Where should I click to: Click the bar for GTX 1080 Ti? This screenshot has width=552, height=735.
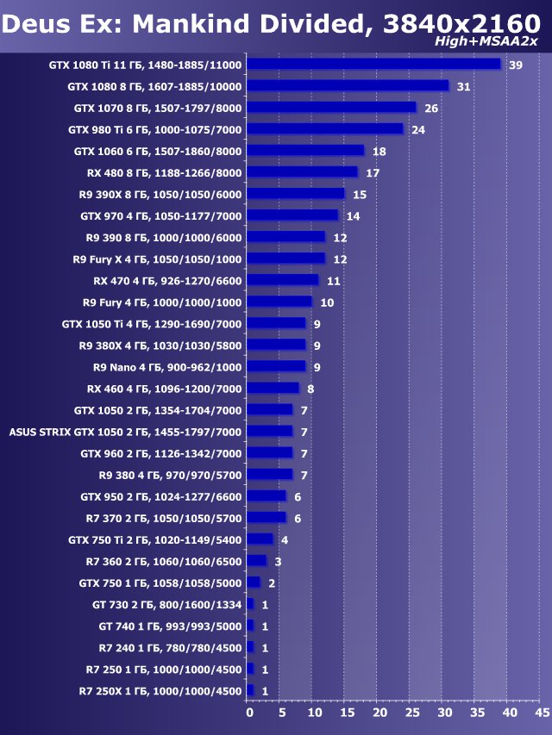pyautogui.click(x=373, y=64)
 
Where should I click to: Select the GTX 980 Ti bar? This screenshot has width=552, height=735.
pyautogui.click(x=324, y=128)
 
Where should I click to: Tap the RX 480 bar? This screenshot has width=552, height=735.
pyautogui.click(x=302, y=171)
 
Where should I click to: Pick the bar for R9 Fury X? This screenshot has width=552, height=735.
pyautogui.click(x=285, y=258)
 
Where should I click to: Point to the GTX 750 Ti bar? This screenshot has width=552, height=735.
pyautogui.click(x=260, y=539)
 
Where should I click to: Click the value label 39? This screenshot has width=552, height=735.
pyautogui.click(x=516, y=65)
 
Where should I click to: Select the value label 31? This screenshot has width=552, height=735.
pyautogui.click(x=463, y=87)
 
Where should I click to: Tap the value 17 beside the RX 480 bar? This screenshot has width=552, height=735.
pyautogui.click(x=373, y=173)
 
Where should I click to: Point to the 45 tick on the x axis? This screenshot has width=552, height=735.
pyautogui.click(x=543, y=713)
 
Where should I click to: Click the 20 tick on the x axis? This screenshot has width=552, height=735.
pyautogui.click(x=379, y=713)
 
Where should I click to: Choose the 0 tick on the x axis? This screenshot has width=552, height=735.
pyautogui.click(x=249, y=713)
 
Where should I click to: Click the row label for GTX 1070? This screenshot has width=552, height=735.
pyautogui.click(x=158, y=108)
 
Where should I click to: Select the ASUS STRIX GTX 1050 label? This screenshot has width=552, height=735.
pyautogui.click(x=125, y=432)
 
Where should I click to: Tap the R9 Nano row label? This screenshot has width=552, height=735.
pyautogui.click(x=167, y=366)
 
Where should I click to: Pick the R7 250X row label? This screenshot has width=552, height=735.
pyautogui.click(x=160, y=691)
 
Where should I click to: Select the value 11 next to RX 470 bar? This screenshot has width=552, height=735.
pyautogui.click(x=333, y=281)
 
